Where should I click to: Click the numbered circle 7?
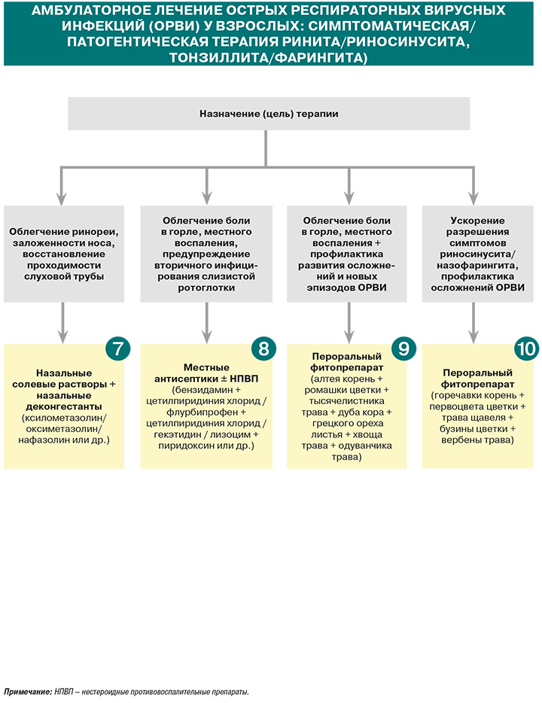coord(118,348)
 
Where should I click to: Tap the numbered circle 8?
coord(263,348)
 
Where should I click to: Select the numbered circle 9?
coord(403,348)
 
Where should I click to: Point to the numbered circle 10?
coord(527,348)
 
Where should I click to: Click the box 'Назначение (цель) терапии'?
coord(269,114)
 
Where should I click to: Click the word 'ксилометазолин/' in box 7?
coord(64,418)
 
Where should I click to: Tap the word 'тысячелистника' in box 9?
coord(346,401)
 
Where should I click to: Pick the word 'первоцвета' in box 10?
coord(456,406)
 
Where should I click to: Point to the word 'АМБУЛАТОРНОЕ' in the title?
coord(84,11)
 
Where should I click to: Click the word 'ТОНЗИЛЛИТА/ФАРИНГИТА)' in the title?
coord(268,58)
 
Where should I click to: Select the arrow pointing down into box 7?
coord(62,323)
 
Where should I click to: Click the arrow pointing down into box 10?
coord(473,323)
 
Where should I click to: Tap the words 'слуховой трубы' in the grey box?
coord(64,277)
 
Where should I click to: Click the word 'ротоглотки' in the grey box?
coord(206,288)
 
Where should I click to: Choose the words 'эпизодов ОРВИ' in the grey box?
coord(346,288)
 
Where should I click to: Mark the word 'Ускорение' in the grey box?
coord(477,221)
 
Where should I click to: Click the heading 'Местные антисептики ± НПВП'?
coord(206,373)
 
